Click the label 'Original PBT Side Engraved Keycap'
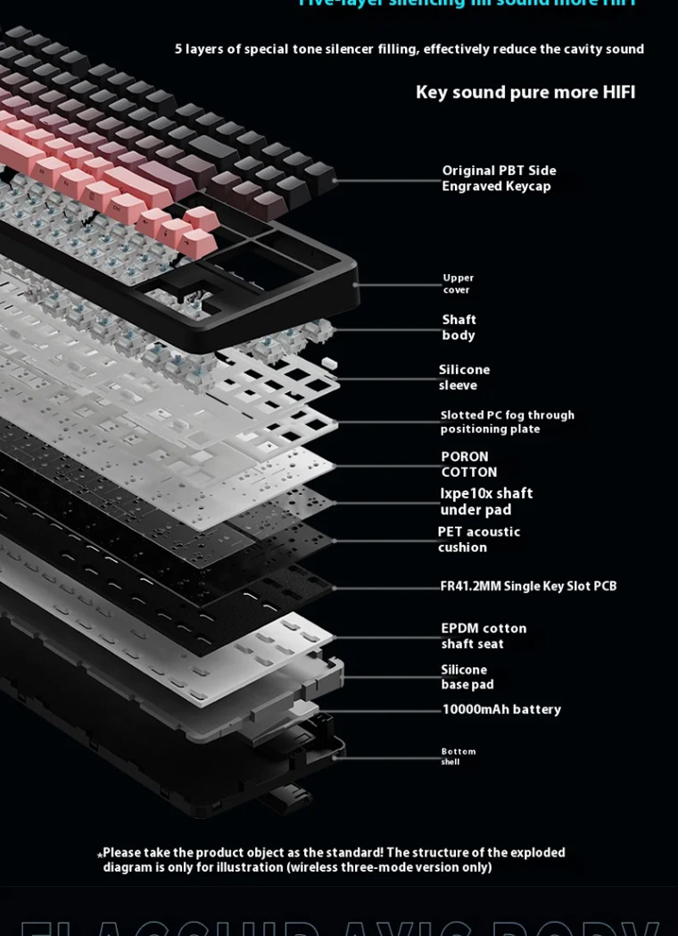tap(499, 178)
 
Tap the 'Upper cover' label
tap(458, 284)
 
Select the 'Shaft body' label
tap(459, 327)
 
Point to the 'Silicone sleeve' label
tap(464, 377)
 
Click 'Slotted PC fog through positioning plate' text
tap(507, 422)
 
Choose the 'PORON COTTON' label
tap(468, 464)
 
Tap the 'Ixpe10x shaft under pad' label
tap(486, 501)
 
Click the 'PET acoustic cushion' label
tap(478, 539)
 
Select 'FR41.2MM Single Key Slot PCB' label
tap(528, 586)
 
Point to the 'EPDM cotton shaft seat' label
tap(484, 636)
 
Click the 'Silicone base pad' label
tap(467, 677)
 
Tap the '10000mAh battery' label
tap(501, 710)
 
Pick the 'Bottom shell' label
tap(458, 756)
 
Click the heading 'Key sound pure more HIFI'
tap(525, 92)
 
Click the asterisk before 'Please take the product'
tap(99, 855)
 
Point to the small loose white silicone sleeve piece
tap(328, 364)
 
